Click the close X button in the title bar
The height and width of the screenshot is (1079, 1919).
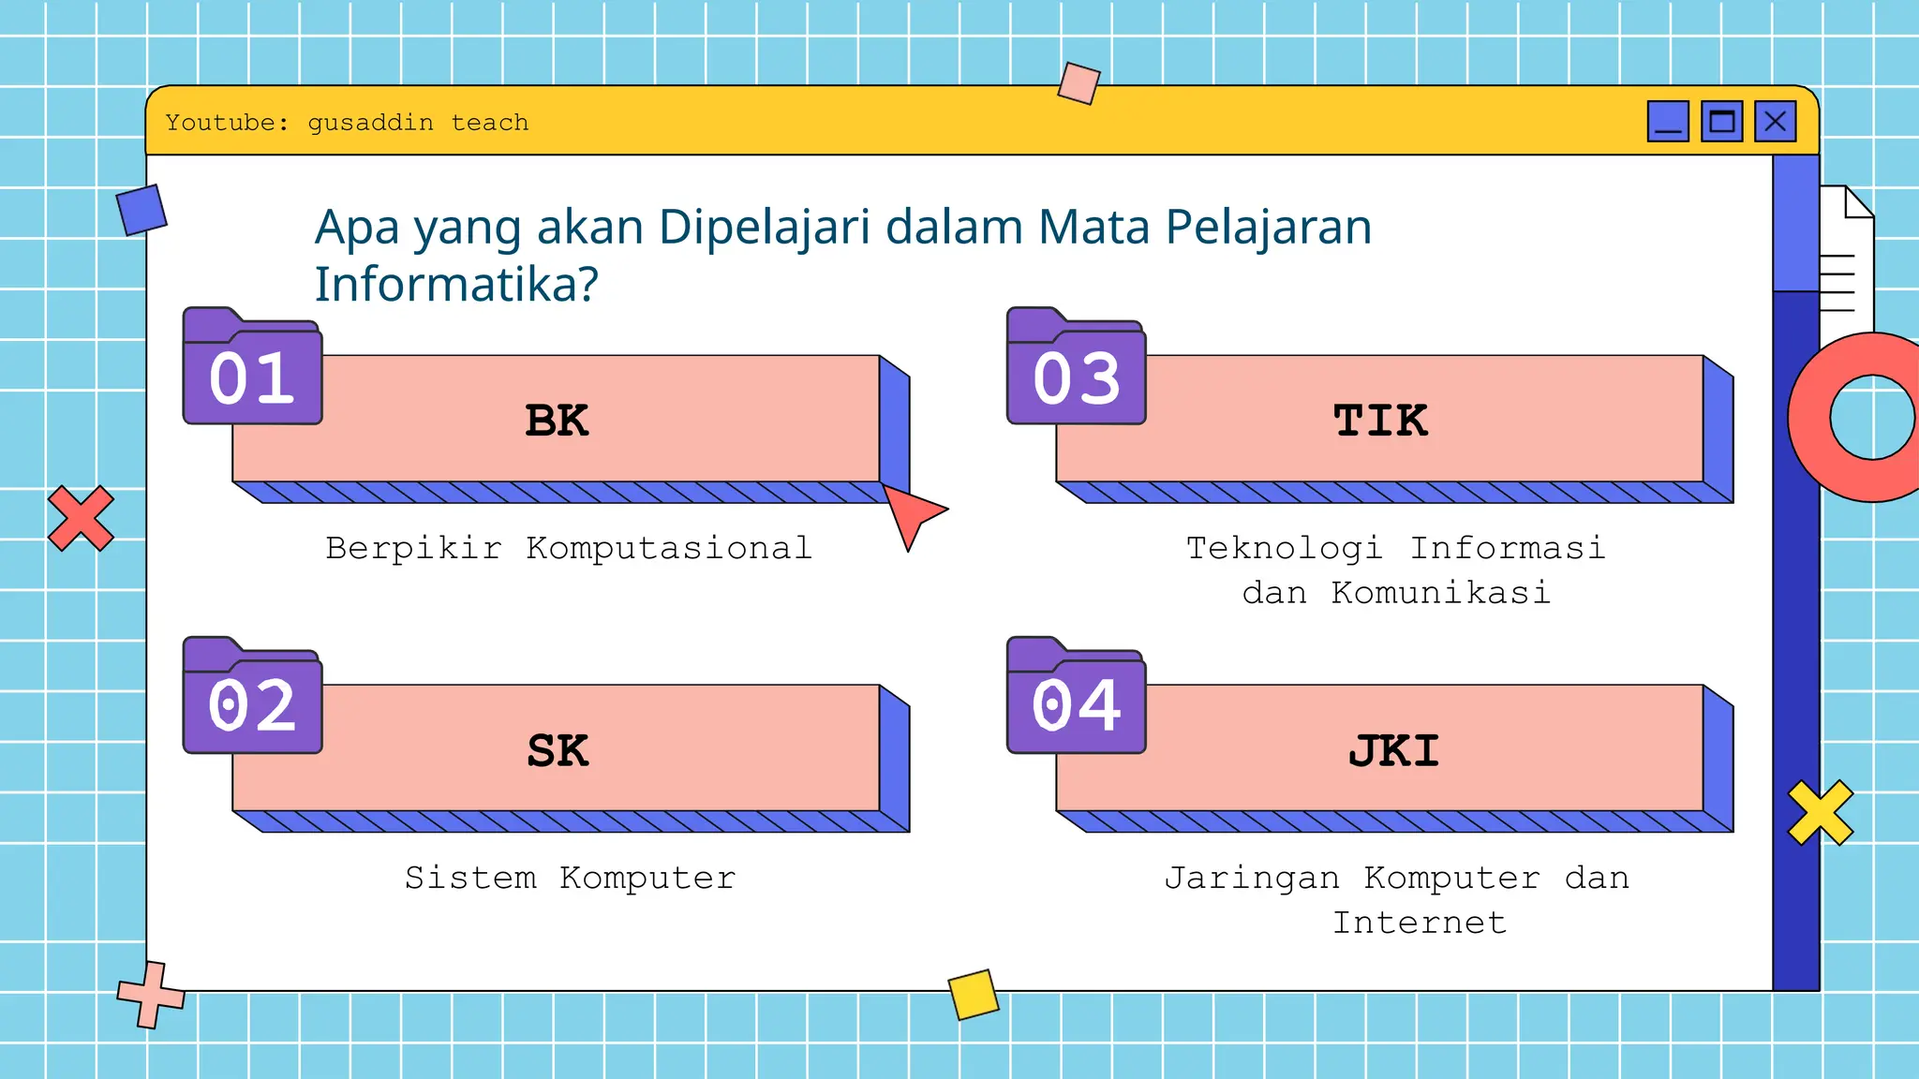pos(1775,122)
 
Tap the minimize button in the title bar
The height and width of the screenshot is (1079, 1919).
pos(1668,122)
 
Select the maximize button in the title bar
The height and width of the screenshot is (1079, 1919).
pos(1721,122)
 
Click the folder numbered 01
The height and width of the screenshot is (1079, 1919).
pos(252,371)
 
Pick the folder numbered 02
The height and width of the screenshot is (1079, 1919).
pos(252,701)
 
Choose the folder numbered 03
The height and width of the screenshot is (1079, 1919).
pos(1076,371)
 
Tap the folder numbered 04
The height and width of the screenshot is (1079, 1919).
pos(1076,701)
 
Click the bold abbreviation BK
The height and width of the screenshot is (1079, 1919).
pos(557,421)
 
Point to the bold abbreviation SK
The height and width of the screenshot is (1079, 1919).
pos(558,751)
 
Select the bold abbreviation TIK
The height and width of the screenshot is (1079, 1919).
pos(1380,421)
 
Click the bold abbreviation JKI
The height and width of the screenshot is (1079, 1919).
pos(1393,751)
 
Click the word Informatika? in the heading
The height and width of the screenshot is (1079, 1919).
pos(455,284)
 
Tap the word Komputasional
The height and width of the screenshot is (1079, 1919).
pos(668,548)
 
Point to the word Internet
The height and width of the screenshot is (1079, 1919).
pos(1420,923)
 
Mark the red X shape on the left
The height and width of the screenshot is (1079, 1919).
pos(81,518)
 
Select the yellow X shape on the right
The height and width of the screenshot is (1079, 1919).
pos(1820,812)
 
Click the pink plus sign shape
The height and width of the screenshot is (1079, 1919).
pos(151,995)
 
